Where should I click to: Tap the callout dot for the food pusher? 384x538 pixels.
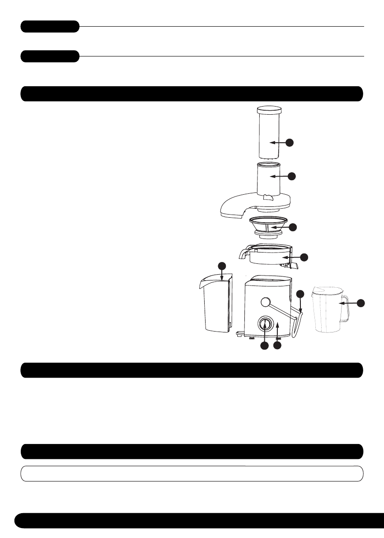click(x=290, y=143)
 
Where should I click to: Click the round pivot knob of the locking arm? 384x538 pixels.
click(x=265, y=302)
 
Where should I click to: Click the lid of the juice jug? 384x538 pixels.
click(x=328, y=292)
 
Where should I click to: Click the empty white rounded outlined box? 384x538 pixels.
click(x=192, y=474)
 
